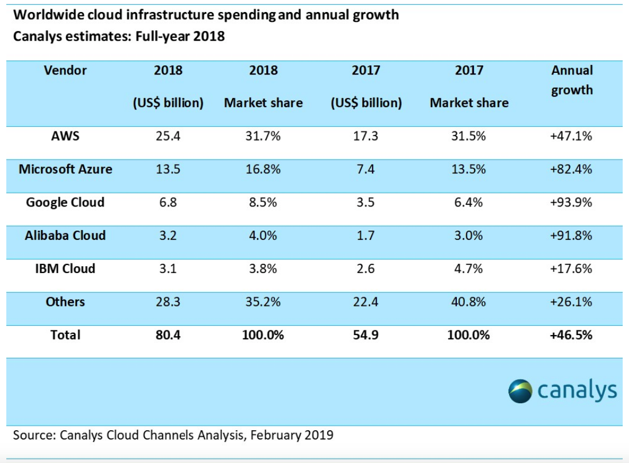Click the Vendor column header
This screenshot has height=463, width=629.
click(65, 71)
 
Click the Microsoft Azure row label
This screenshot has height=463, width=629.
click(65, 169)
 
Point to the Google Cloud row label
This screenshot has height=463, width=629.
click(65, 202)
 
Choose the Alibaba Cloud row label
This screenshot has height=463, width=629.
click(65, 235)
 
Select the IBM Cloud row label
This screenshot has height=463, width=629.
click(65, 269)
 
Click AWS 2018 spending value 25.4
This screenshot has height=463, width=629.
click(168, 136)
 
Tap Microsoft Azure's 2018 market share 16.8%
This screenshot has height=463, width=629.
click(263, 169)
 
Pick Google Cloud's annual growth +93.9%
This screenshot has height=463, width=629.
click(572, 203)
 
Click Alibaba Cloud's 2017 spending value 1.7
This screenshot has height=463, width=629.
click(366, 236)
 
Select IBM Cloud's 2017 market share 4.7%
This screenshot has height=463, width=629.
click(468, 269)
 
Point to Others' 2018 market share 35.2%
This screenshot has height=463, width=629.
click(263, 302)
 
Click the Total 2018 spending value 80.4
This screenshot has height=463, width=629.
click(168, 335)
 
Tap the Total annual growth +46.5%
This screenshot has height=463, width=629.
click(572, 335)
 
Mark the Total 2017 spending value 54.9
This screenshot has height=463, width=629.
click(366, 335)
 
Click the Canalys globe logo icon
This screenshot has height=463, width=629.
click(521, 391)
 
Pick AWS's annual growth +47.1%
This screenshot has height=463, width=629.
click(572, 136)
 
